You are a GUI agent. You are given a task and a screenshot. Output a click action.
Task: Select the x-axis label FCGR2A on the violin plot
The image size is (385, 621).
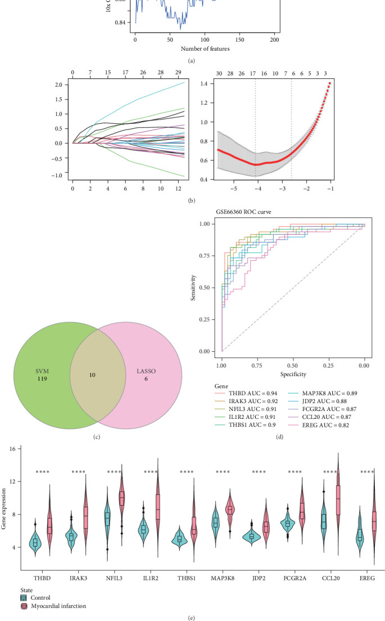pyautogui.click(x=296, y=579)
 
